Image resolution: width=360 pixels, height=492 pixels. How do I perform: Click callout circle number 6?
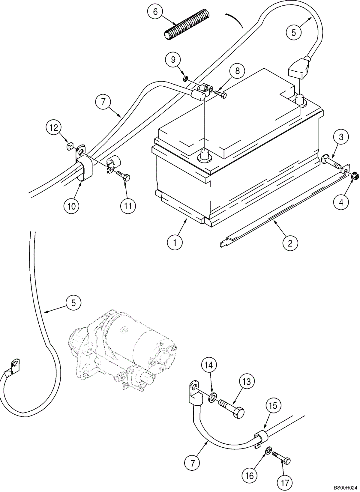click(155, 12)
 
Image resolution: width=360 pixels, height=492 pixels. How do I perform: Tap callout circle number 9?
click(173, 59)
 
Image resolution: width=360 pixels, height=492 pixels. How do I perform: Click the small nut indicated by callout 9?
click(185, 79)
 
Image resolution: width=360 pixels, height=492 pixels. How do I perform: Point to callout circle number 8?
click(237, 71)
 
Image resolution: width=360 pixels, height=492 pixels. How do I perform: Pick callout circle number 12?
click(54, 128)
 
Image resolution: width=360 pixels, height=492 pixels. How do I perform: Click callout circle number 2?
click(290, 243)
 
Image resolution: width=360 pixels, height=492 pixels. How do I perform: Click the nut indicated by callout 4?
click(354, 175)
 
